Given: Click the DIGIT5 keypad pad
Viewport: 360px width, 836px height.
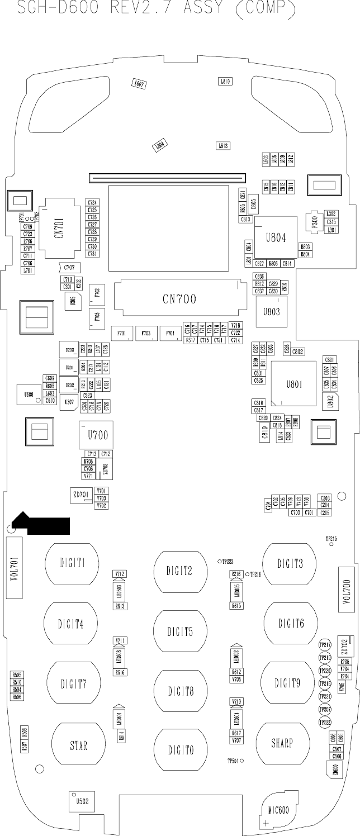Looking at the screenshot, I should click(x=180, y=631).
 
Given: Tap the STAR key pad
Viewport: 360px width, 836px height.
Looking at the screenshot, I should click(x=78, y=745).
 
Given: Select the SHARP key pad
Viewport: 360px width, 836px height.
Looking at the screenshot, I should click(x=282, y=743).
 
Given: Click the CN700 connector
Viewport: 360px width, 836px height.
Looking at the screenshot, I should click(x=179, y=300).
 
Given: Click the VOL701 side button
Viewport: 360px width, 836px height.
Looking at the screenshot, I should click(x=14, y=568).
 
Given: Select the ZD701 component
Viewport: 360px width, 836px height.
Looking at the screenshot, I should click(x=80, y=495).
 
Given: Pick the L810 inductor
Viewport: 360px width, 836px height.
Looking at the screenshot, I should click(x=225, y=82).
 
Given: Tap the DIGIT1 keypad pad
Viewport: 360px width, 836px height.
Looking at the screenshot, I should click(x=73, y=563).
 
